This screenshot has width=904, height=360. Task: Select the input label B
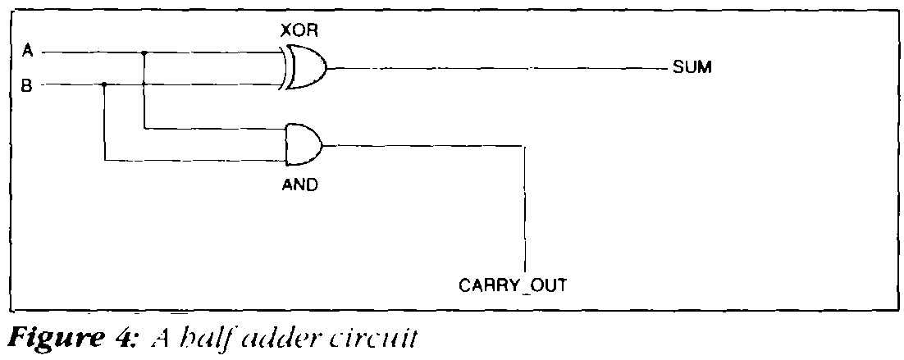27,84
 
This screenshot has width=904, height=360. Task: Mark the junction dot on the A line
144,53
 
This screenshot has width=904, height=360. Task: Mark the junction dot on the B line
104,84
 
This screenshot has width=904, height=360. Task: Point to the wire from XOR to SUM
492,69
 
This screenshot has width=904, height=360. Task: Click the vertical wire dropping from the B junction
104,123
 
